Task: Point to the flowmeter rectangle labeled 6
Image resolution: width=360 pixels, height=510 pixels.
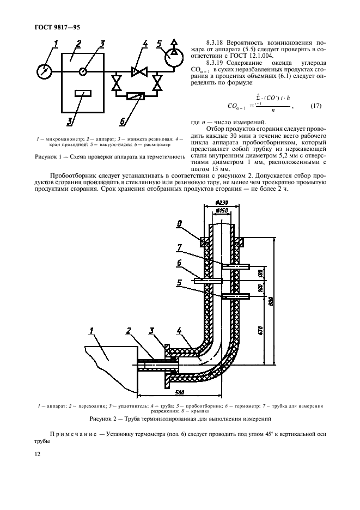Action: pos(136,96)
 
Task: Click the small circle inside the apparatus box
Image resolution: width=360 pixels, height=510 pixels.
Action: pos(82,70)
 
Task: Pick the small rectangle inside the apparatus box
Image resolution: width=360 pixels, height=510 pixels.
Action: pos(83,94)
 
